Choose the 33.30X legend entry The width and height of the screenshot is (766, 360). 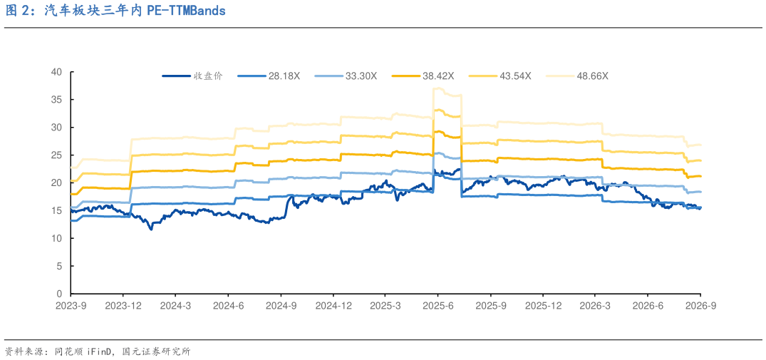[x=346, y=76]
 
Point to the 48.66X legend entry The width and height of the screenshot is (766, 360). [x=577, y=76]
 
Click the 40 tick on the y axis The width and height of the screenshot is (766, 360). [x=58, y=72]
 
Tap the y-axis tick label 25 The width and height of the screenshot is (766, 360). [x=58, y=155]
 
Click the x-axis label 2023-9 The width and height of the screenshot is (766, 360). [x=71, y=305]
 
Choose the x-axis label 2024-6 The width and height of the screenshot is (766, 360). [x=228, y=305]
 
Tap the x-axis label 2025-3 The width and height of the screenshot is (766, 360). [x=385, y=305]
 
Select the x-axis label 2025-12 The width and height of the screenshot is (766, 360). [x=543, y=305]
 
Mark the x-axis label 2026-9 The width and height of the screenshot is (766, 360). [x=700, y=305]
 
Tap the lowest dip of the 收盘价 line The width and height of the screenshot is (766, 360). [x=151, y=229]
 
